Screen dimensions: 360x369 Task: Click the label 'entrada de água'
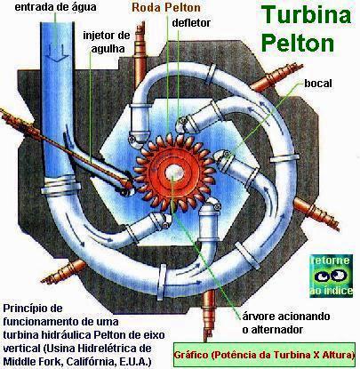click(55, 7)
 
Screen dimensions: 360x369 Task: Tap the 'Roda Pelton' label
click(166, 7)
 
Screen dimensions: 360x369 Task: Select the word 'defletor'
click(191, 22)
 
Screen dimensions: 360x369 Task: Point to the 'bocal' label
click(318, 84)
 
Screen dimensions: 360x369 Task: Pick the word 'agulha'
click(108, 48)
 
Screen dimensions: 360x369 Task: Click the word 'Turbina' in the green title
click(307, 15)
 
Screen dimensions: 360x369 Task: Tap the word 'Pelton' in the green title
click(298, 43)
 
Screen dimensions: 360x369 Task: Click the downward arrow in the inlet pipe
click(58, 52)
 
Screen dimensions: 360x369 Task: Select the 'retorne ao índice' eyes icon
click(331, 276)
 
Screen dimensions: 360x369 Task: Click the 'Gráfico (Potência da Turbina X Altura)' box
click(264, 355)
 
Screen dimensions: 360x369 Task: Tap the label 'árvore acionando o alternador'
click(286, 323)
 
